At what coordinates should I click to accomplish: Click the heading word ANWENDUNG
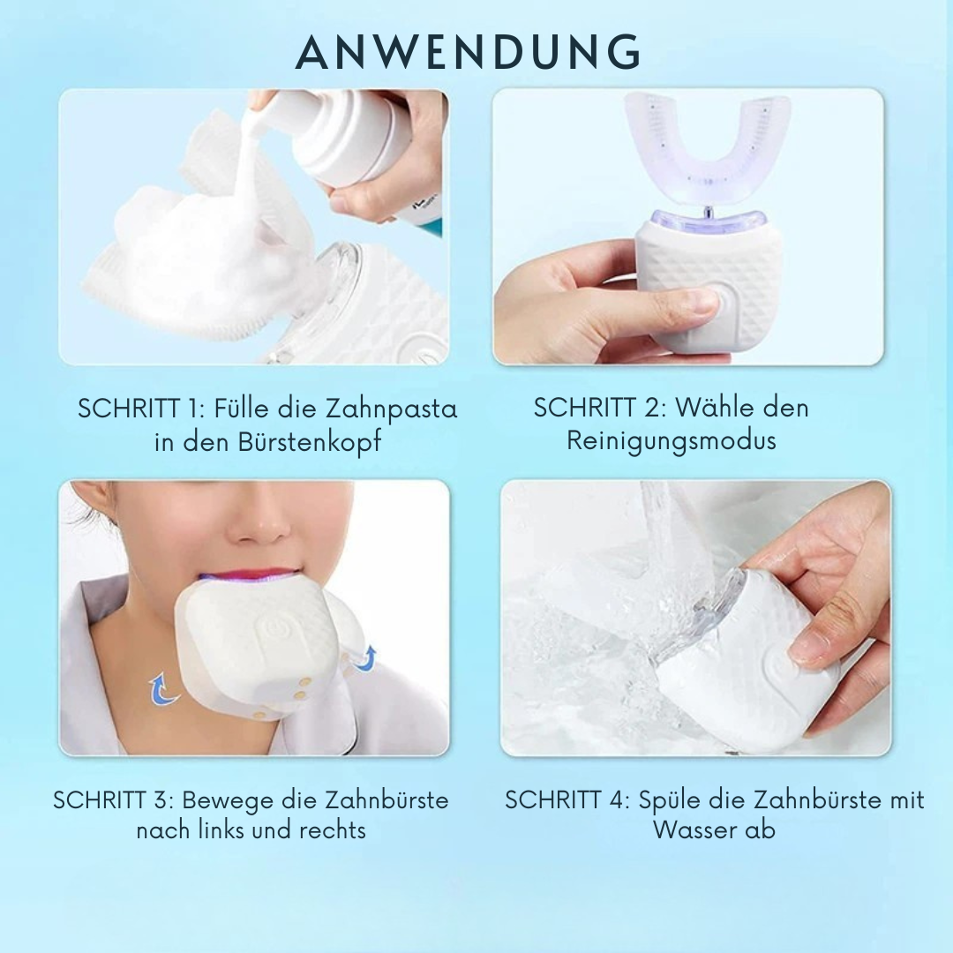tap(468, 54)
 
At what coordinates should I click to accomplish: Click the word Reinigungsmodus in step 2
tap(672, 439)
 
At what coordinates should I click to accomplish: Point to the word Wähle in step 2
tap(717, 407)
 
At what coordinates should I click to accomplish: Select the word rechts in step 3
tap(333, 830)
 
